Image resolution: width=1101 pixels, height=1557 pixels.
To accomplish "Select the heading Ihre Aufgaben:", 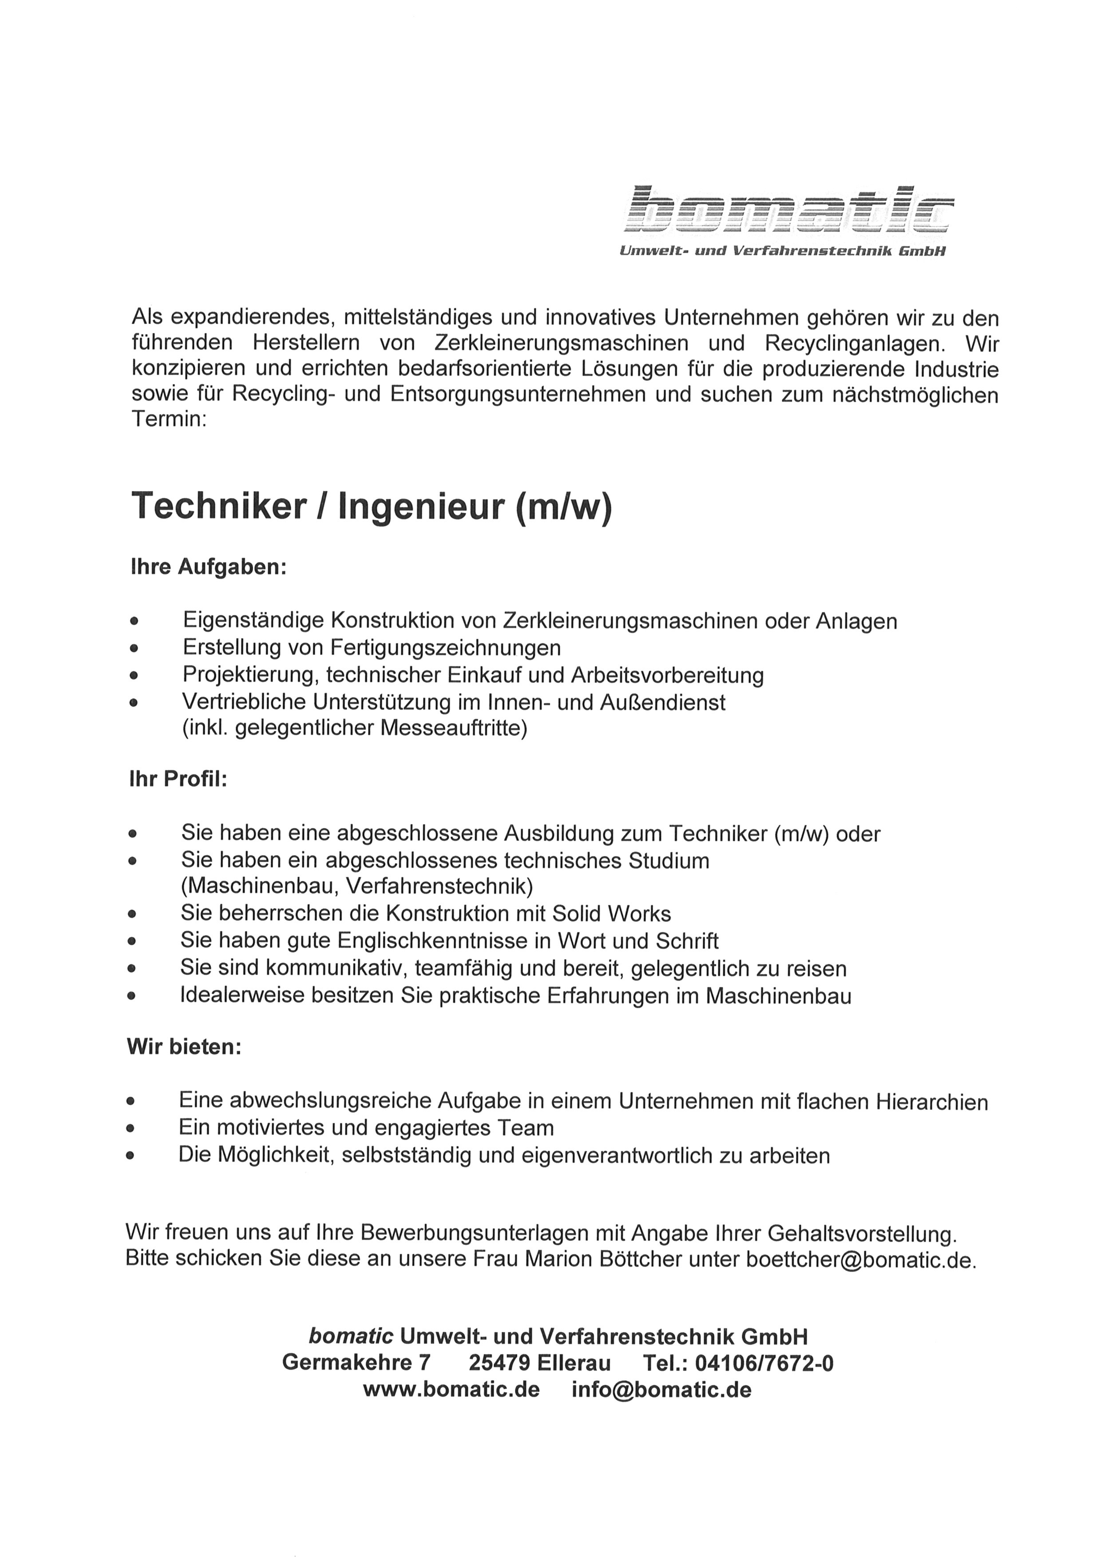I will click(x=209, y=567).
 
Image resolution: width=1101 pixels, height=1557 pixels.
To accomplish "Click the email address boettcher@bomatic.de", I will click(x=861, y=1259).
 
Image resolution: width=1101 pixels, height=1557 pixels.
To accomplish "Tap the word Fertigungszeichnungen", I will click(x=445, y=648).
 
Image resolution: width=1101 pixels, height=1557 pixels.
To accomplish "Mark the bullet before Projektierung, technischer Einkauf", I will click(x=135, y=676).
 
